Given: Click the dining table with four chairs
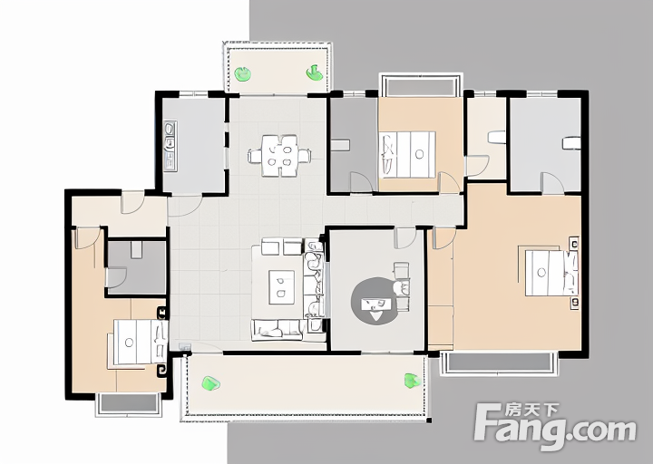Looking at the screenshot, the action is click(279, 156).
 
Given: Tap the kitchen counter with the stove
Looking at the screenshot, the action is click(170, 146).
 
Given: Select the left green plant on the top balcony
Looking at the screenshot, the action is click(242, 74).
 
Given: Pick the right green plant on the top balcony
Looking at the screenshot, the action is click(315, 72).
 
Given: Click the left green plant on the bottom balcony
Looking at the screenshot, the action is click(210, 382).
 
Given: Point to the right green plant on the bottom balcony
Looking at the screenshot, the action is click(412, 381).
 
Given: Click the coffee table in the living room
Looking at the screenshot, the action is click(281, 287).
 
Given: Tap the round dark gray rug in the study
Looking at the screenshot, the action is click(375, 301).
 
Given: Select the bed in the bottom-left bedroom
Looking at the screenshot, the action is click(140, 342).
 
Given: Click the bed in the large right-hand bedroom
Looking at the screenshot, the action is click(549, 273).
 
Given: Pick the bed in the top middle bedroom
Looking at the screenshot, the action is click(408, 155).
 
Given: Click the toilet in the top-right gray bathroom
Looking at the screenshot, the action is click(571, 143).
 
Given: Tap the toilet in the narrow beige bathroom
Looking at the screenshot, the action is click(497, 137).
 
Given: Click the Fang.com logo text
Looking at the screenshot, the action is click(556, 429).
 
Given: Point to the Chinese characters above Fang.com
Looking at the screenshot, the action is click(531, 411).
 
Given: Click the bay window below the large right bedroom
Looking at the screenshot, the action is click(499, 362).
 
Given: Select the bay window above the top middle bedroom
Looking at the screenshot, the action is click(421, 85).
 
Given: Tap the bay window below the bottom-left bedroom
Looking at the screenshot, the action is click(129, 403).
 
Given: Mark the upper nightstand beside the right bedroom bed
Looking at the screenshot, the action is click(574, 245).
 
